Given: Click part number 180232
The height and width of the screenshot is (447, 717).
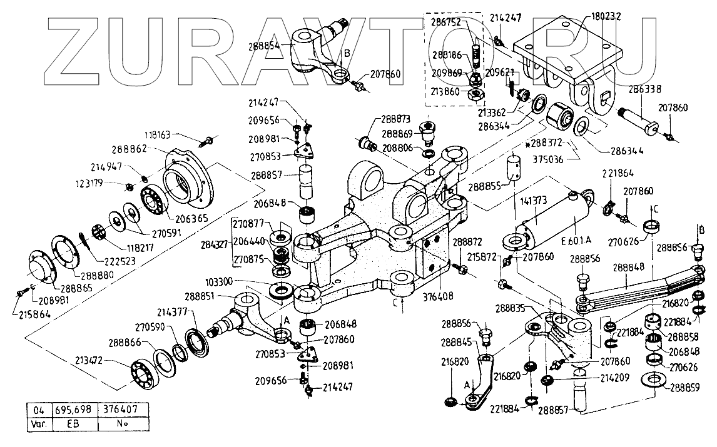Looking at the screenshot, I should pyautogui.click(x=605, y=17).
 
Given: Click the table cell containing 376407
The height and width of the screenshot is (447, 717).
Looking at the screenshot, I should pyautogui.click(x=126, y=409).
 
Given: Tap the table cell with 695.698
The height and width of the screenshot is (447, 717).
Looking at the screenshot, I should pyautogui.click(x=72, y=409).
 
